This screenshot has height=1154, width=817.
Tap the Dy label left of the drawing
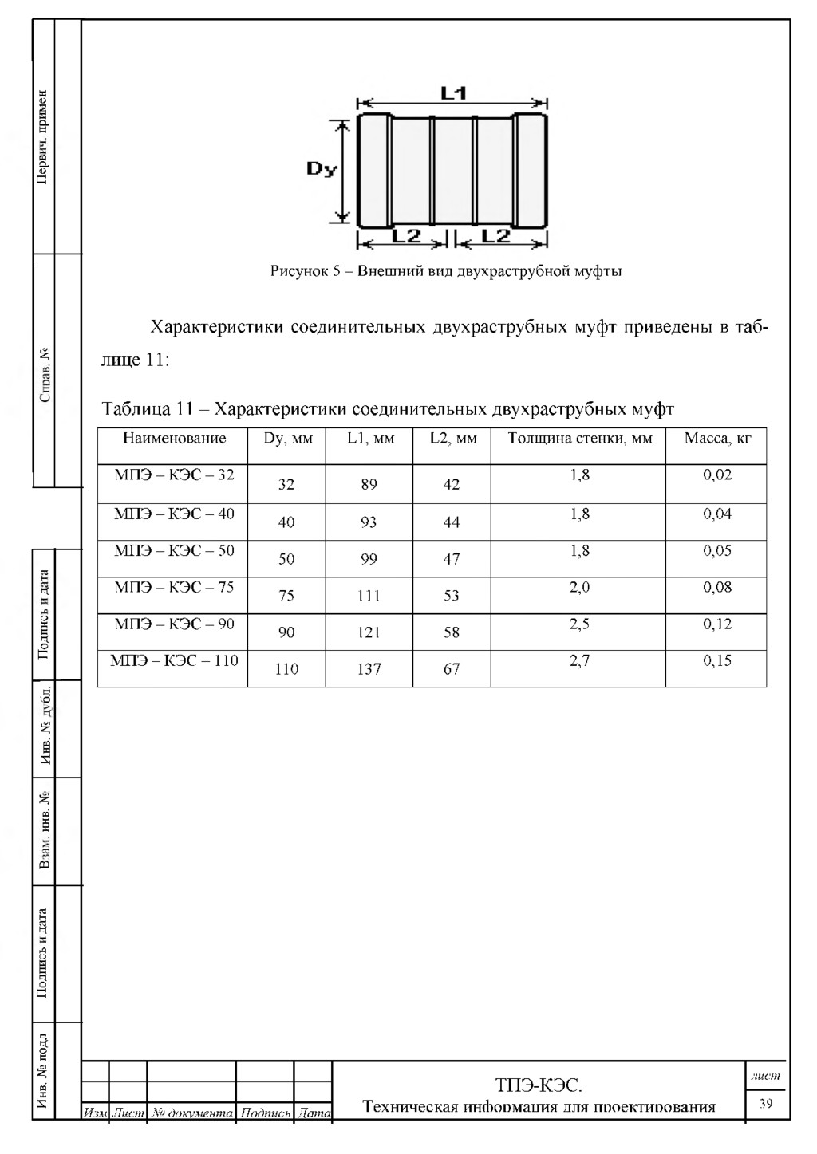tap(322, 169)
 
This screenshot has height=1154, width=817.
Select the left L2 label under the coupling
tap(407, 236)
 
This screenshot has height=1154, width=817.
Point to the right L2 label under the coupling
tap(496, 236)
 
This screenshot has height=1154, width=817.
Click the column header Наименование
tap(174, 438)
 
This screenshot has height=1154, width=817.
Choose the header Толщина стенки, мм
tap(579, 438)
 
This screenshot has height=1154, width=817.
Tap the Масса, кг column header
tap(717, 438)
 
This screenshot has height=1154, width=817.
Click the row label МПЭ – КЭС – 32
tap(174, 475)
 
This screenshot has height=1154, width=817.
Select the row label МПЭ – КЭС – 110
tap(174, 660)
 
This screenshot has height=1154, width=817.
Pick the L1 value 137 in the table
tap(369, 669)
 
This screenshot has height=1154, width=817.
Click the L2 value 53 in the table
tap(452, 596)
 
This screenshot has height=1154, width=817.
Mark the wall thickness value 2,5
tap(579, 624)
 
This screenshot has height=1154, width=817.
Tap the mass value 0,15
tap(717, 660)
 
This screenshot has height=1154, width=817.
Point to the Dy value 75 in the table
tap(286, 596)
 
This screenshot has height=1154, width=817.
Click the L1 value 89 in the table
tap(369, 484)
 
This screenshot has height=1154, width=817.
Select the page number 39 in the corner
tap(766, 1104)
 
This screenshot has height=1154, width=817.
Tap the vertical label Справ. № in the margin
tap(45, 374)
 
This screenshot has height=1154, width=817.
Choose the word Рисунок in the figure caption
tap(298, 271)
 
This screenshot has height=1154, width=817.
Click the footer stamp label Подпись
tap(265, 1113)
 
